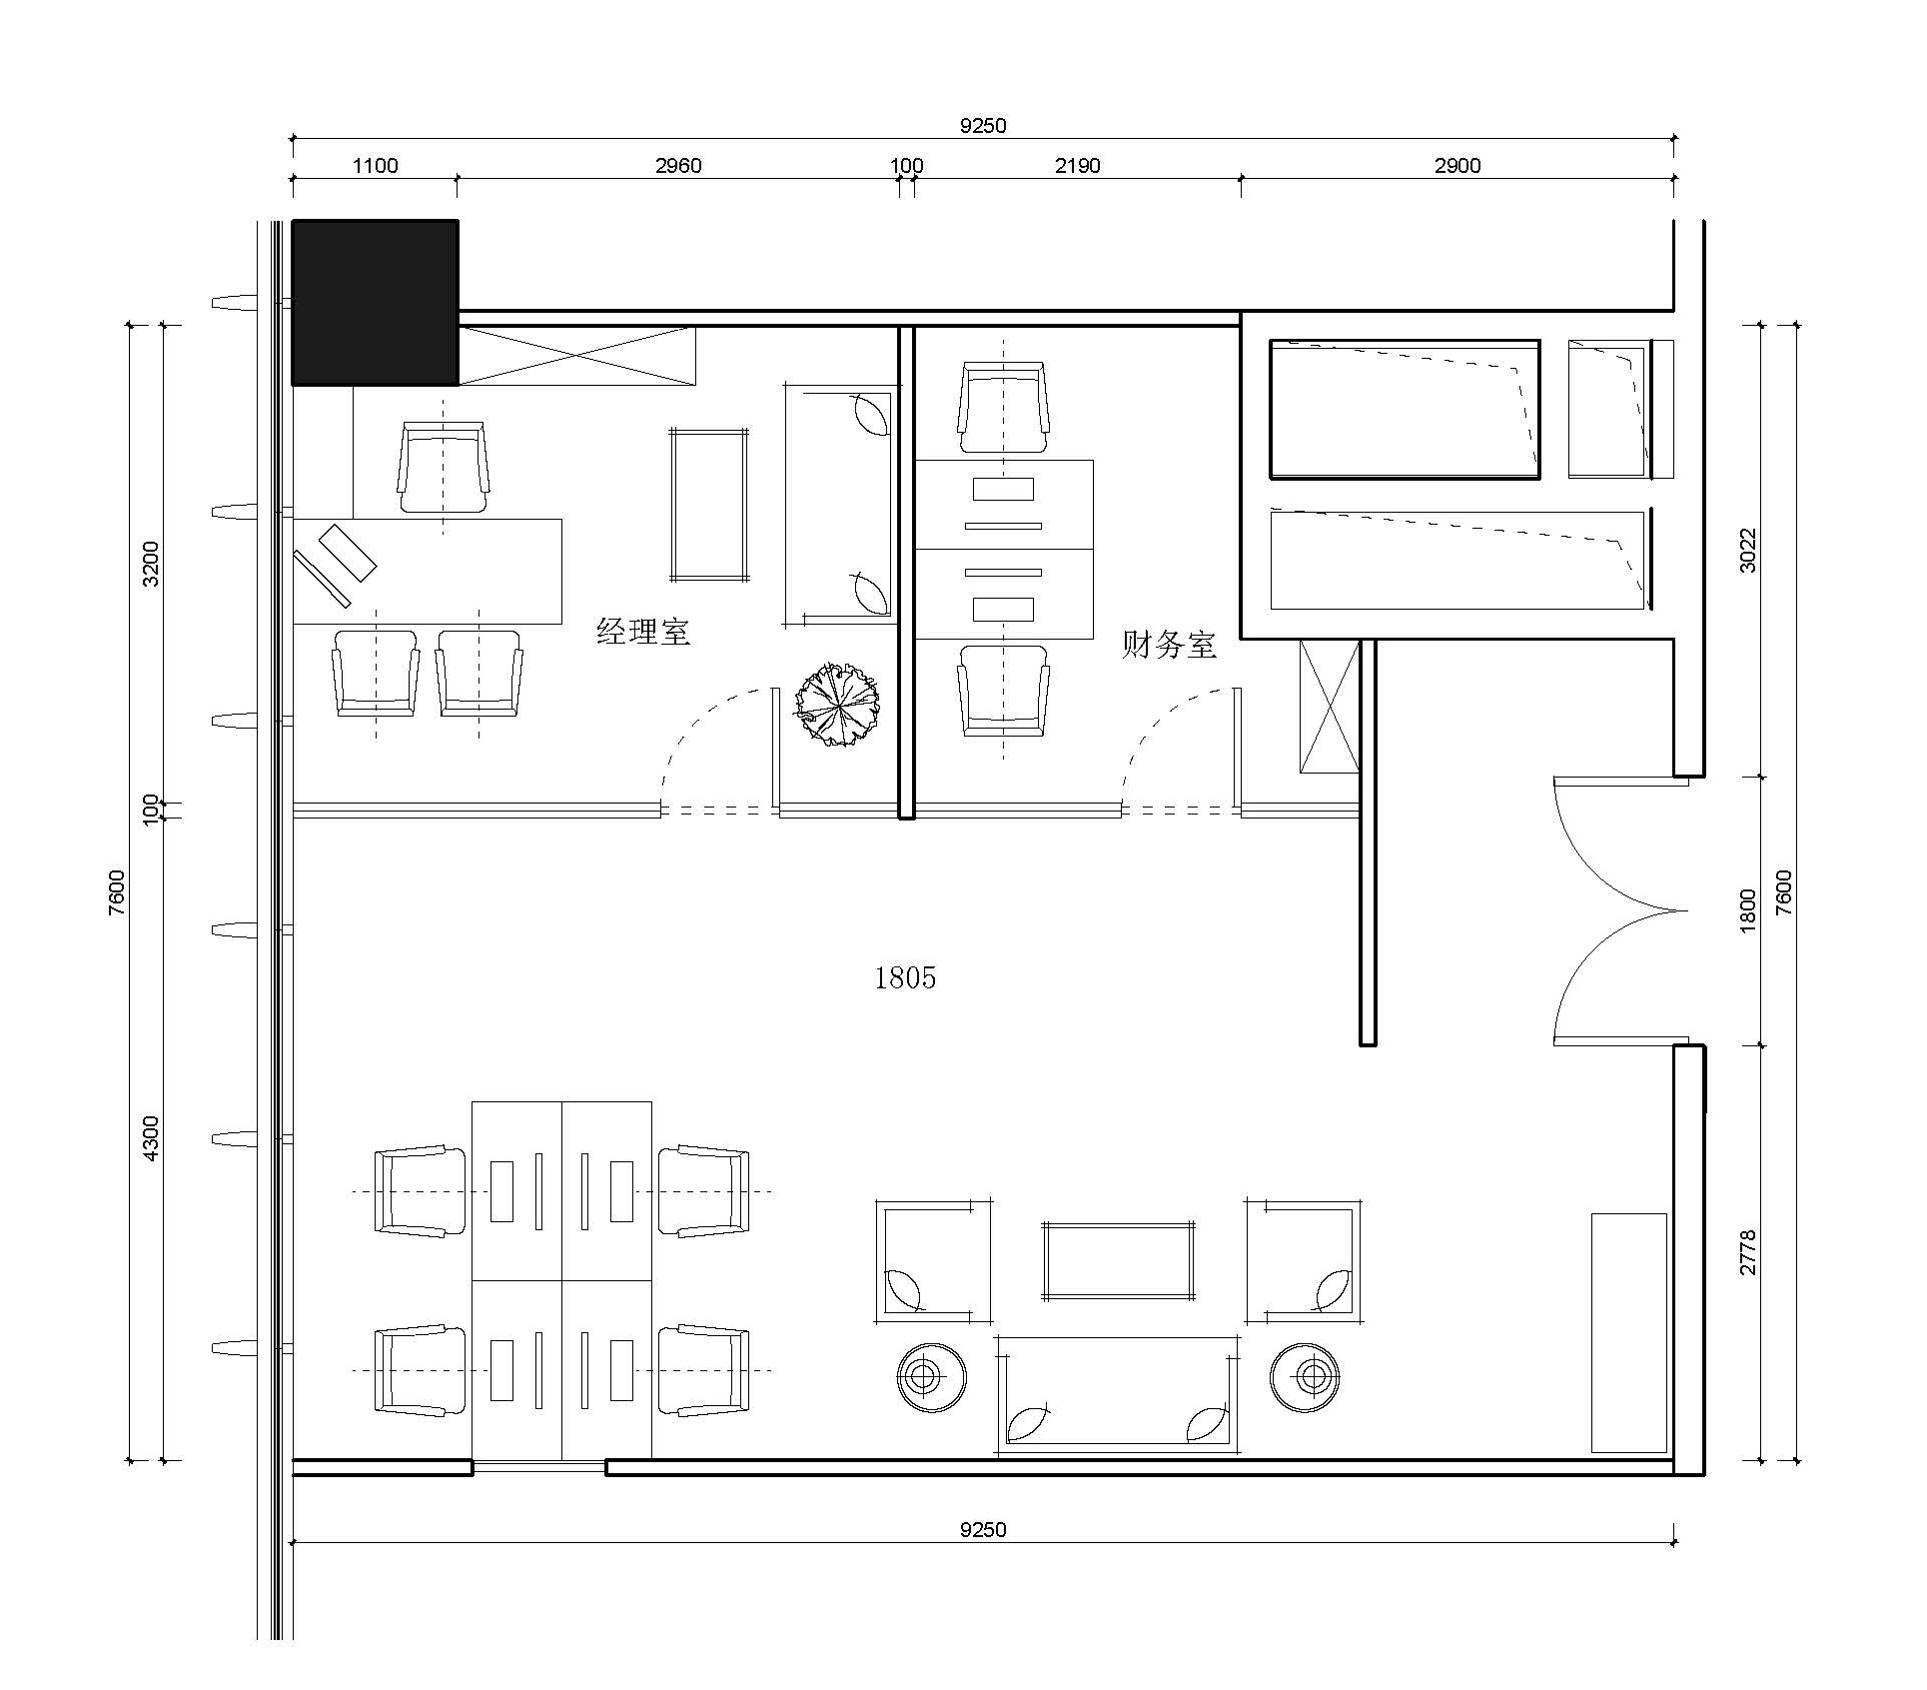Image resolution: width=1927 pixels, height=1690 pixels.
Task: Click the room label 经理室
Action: pos(643,632)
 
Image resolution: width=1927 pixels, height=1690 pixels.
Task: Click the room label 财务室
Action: pos(1169,644)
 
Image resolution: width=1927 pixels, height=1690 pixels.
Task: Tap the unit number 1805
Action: pos(905,977)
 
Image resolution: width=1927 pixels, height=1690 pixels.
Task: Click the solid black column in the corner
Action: pos(375,302)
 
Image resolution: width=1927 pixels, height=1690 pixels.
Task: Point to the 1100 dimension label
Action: pos(375,166)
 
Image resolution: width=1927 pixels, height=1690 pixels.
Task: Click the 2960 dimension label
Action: pos(678,166)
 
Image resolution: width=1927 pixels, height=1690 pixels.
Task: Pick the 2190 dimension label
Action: pos(1077,166)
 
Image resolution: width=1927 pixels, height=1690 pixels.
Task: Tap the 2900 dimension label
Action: pos(1457,166)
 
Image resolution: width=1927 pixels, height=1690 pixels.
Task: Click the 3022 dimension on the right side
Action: pos(1747,550)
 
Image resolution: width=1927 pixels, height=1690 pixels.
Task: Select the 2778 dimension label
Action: pos(1747,1252)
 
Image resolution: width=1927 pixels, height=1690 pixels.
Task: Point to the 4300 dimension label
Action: pos(150,1138)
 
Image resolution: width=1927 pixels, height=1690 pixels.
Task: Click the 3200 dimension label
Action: pos(150,564)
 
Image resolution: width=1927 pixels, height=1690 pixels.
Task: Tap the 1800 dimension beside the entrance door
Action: pos(1747,910)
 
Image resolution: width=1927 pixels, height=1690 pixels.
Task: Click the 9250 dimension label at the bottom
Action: pos(983,1529)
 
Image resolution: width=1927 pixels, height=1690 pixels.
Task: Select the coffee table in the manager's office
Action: pos(709,505)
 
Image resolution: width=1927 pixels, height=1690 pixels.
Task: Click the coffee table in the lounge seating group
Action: pos(1118,1261)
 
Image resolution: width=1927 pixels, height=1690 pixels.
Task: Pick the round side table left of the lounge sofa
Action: pos(931,1377)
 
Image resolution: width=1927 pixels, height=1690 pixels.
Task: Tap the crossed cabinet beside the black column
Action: pos(576,355)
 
